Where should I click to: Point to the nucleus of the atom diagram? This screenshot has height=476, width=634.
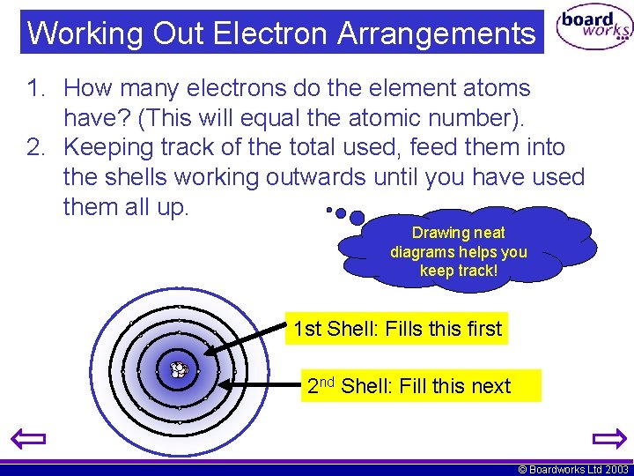pyautogui.click(x=179, y=370)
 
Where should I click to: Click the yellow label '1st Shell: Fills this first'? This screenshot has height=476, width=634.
pyautogui.click(x=396, y=330)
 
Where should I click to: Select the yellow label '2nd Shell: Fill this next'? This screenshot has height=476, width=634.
pyautogui.click(x=420, y=386)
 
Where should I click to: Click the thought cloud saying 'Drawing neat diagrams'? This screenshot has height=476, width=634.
pyautogui.click(x=459, y=252)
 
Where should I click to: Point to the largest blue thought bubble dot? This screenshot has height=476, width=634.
pyautogui.click(x=357, y=217)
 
